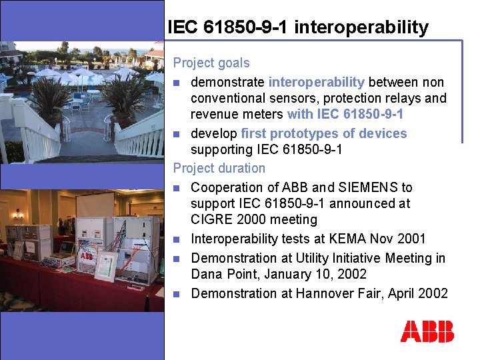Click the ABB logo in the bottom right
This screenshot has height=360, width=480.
tap(427, 331)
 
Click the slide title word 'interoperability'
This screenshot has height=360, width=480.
tap(361, 27)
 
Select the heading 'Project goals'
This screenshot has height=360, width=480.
tap(211, 63)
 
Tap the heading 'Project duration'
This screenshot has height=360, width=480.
tap(219, 168)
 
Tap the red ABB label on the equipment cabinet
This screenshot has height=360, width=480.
tap(87, 256)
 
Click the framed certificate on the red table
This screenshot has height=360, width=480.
tap(105, 267)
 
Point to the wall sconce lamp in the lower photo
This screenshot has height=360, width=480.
tap(18, 215)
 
